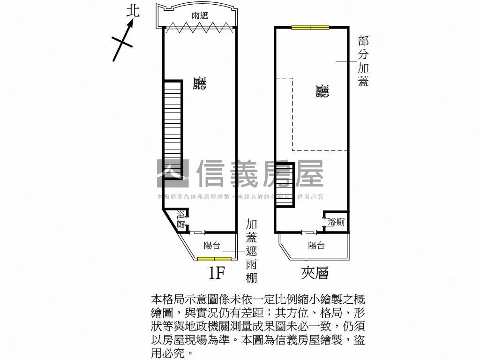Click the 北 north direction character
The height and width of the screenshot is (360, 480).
pyautogui.click(x=134, y=11)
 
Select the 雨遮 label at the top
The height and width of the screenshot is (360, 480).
pyautogui.click(x=200, y=16)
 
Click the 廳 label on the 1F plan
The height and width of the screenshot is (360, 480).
pyautogui.click(x=200, y=83)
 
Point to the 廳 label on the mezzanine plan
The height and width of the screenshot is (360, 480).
pyautogui.click(x=322, y=91)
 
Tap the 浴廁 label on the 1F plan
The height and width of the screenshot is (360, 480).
pyautogui.click(x=181, y=219)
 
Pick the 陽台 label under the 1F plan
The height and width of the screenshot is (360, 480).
pyautogui.click(x=212, y=245)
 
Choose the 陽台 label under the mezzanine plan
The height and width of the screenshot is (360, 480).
pyautogui.click(x=316, y=245)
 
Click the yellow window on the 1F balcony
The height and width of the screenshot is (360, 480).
pyautogui.click(x=214, y=259)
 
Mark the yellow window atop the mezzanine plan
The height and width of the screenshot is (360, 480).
pyautogui.click(x=310, y=27)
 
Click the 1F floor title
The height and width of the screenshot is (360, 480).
pyautogui.click(x=217, y=273)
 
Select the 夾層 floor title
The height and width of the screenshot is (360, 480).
pyautogui.click(x=315, y=273)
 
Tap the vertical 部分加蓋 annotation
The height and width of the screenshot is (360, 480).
pyautogui.click(x=363, y=61)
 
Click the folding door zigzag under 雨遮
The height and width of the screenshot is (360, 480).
pyautogui.click(x=200, y=27)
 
